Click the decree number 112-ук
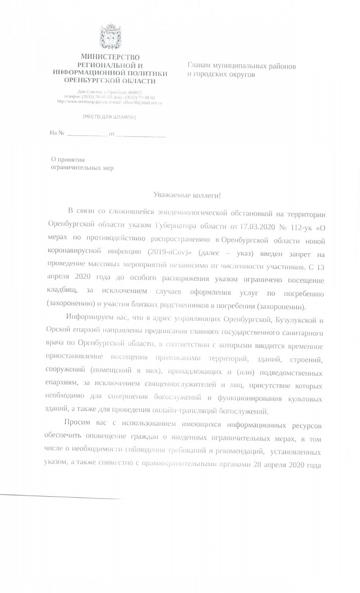pyautogui.click(x=301, y=227)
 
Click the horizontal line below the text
pyautogui.click(x=59, y=496)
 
